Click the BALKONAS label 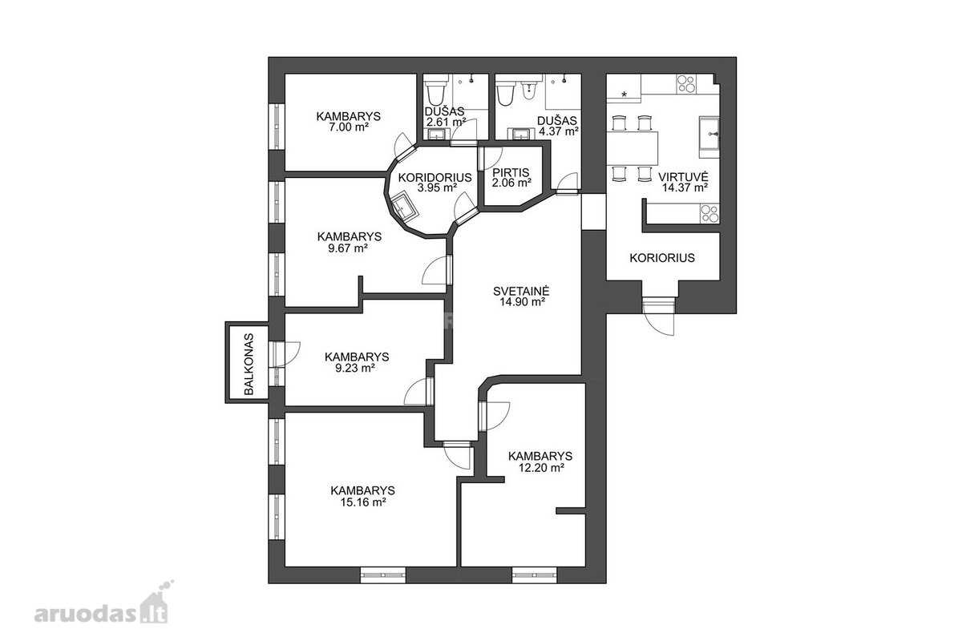coord(249,364)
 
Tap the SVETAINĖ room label coord(521,291)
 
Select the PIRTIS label coord(511,172)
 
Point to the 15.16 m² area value coord(363,502)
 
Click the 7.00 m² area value coord(349,127)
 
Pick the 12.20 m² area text coord(540,467)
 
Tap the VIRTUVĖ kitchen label coord(683,176)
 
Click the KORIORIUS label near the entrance coord(662,258)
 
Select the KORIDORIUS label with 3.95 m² coord(435,177)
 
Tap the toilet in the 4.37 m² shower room coord(505,92)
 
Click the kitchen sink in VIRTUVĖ coord(709,137)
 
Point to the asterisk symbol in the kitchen coord(624,95)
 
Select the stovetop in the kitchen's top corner coord(686,83)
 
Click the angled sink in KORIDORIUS coord(404,209)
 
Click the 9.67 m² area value coord(348,248)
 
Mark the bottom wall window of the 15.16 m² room coord(383,574)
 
